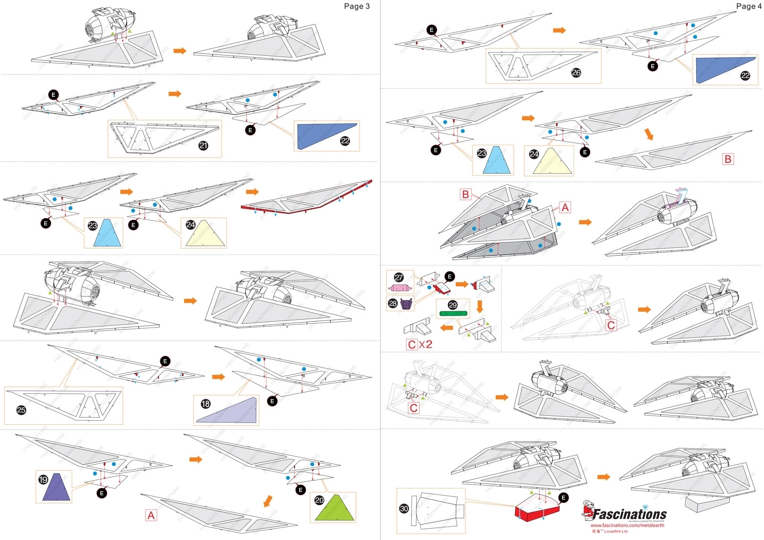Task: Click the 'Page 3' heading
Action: tap(357, 6)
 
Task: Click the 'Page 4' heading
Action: tap(749, 6)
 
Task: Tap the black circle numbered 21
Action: tap(203, 146)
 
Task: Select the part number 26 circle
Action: tap(576, 73)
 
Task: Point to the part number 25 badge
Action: tap(21, 410)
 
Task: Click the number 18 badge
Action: tap(205, 404)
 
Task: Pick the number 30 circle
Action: tap(404, 508)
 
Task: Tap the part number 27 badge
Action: tap(399, 277)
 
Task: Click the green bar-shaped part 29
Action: tap(453, 314)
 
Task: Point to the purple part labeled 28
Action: tap(406, 304)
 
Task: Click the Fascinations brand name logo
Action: tap(629, 514)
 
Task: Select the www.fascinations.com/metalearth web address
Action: tap(627, 525)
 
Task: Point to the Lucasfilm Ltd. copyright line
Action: tap(610, 531)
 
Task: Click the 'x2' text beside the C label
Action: tap(426, 344)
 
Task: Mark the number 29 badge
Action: tap(453, 305)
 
